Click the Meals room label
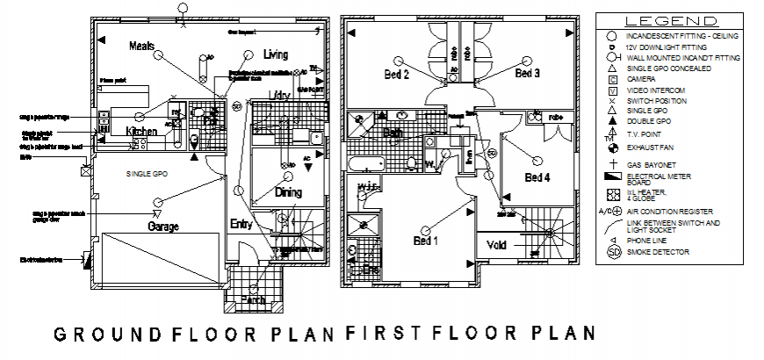click(x=142, y=46)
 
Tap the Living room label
click(x=276, y=54)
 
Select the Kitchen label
click(x=141, y=132)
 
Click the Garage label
click(x=162, y=227)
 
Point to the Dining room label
click(x=288, y=191)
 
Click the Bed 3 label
click(x=527, y=73)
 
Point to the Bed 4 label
click(x=537, y=177)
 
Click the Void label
click(x=497, y=246)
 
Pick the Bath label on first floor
click(x=393, y=133)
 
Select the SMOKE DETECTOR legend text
click(x=659, y=253)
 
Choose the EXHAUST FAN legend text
click(x=651, y=148)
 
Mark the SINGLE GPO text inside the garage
click(x=148, y=175)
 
